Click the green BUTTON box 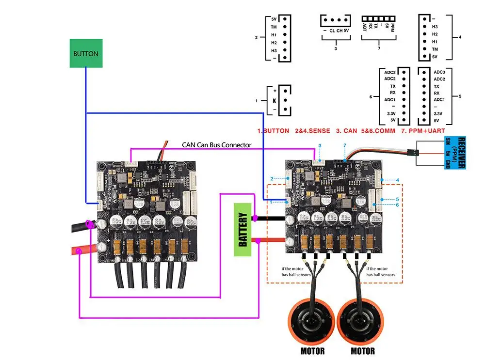coord(86,53)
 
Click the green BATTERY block coord(243,229)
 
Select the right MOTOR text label coord(363,351)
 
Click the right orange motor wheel coord(362,321)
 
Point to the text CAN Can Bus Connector coord(216,144)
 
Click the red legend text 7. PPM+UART coord(423,131)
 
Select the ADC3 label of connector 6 coord(390,72)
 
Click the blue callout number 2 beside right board coord(272,179)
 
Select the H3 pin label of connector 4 coord(435,27)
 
